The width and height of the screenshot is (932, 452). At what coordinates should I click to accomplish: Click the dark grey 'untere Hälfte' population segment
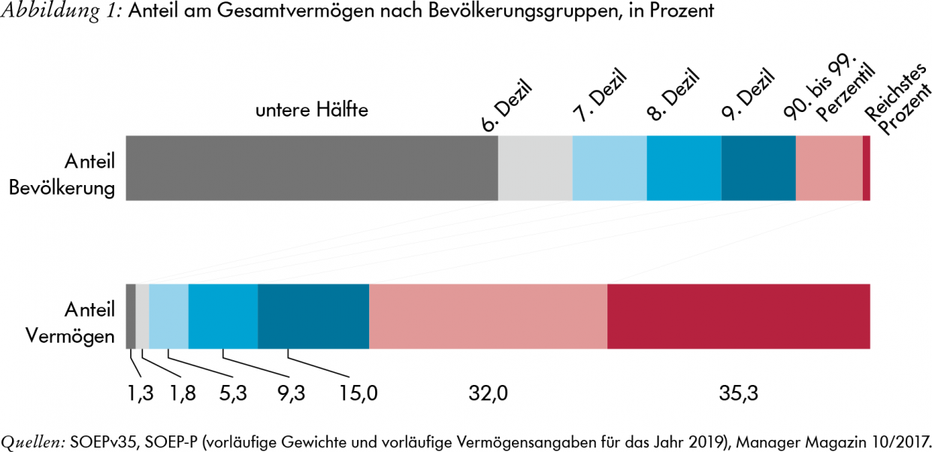click(x=312, y=168)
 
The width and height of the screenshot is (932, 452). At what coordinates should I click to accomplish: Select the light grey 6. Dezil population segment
click(x=535, y=168)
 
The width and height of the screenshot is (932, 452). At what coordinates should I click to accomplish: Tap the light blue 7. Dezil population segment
click(x=610, y=168)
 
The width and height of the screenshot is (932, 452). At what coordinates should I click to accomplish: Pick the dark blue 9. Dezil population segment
click(x=758, y=168)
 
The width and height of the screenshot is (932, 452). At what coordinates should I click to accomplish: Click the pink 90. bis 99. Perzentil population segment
click(x=829, y=168)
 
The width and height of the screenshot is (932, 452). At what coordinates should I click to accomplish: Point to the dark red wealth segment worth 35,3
click(x=739, y=316)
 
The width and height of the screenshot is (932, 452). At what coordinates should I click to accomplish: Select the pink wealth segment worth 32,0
click(x=488, y=316)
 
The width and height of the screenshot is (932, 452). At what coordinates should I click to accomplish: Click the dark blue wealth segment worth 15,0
click(x=313, y=316)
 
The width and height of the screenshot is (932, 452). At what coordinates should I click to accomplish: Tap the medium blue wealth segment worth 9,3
click(x=223, y=316)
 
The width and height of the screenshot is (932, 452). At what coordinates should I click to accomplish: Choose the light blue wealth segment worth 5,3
click(x=168, y=316)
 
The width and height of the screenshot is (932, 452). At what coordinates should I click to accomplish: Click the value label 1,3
click(x=139, y=393)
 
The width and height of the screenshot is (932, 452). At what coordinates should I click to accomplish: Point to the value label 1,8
click(x=181, y=393)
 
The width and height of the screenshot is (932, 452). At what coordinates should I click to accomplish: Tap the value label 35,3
click(x=739, y=393)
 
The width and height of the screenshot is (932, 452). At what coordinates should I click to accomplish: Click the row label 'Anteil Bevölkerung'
click(x=63, y=174)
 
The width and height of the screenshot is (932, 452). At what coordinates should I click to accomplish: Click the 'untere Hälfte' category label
click(x=311, y=111)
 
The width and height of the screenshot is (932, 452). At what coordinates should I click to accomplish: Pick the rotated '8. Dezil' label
click(x=673, y=94)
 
